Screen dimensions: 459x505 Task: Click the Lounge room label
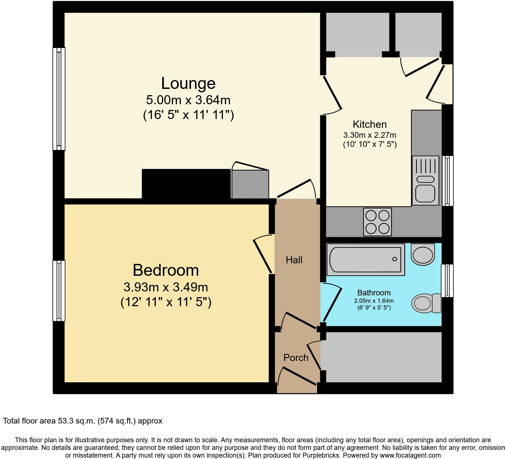pyautogui.click(x=188, y=84)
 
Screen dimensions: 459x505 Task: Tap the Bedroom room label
pyautogui.click(x=165, y=270)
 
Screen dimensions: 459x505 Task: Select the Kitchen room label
pyautogui.click(x=370, y=124)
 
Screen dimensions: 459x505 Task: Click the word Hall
pyautogui.click(x=294, y=260)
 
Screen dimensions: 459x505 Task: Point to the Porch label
pyautogui.click(x=296, y=358)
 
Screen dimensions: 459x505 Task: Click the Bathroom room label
pyautogui.click(x=374, y=293)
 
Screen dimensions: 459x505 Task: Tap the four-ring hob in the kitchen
pyautogui.click(x=377, y=222)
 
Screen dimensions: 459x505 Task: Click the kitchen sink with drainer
pyautogui.click(x=425, y=180)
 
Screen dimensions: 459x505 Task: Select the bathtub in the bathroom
pyautogui.click(x=365, y=259)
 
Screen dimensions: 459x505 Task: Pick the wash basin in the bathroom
pyautogui.click(x=423, y=254)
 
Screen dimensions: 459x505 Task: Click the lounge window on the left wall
pyautogui.click(x=59, y=99)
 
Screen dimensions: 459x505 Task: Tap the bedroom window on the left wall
pyautogui.click(x=59, y=291)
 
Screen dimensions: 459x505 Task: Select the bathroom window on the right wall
pyautogui.click(x=447, y=281)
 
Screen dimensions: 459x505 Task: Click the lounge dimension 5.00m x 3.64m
pyautogui.click(x=188, y=100)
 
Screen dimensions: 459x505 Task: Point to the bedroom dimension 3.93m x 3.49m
pyautogui.click(x=165, y=287)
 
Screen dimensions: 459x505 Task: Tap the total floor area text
pyautogui.click(x=82, y=421)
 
